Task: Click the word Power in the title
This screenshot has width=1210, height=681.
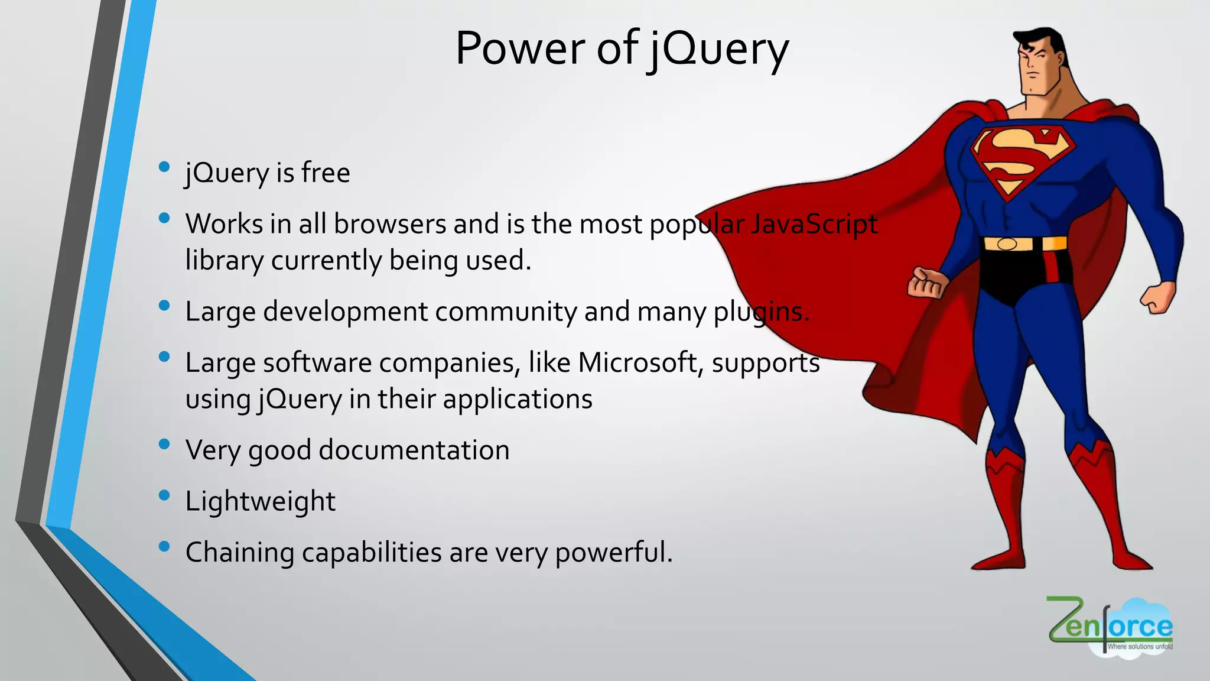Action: tap(520, 48)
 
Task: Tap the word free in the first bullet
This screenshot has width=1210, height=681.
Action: tap(326, 173)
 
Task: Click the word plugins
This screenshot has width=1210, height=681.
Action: tap(761, 312)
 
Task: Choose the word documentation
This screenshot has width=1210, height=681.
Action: tap(414, 450)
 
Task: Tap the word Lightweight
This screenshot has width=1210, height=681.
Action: tap(260, 502)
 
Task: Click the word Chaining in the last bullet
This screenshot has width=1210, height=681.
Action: tap(239, 553)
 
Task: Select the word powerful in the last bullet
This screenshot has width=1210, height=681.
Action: tap(610, 553)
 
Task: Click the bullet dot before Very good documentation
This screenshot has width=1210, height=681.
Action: tap(165, 444)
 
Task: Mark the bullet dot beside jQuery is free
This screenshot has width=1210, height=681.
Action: tap(165, 167)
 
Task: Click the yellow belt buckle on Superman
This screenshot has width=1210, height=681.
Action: tap(1007, 244)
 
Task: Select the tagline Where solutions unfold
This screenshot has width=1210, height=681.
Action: tap(1139, 647)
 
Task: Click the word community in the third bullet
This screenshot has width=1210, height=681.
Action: tap(505, 312)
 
